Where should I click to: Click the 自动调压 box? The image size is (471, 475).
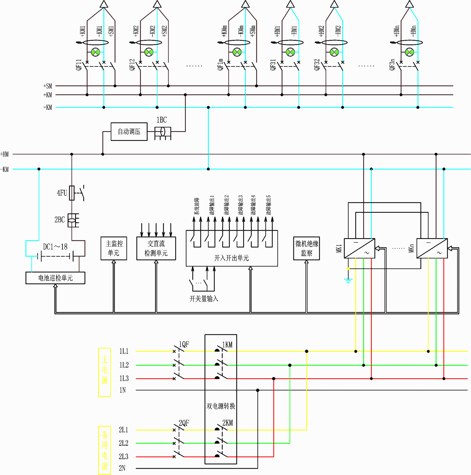coord(129,131)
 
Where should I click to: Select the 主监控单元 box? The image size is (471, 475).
coord(114,248)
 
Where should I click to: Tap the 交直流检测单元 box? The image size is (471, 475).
coord(156,248)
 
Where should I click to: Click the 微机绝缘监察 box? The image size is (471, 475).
coord(307,248)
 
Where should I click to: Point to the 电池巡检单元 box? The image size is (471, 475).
coord(55,278)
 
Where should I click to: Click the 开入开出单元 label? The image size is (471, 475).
coord(232,258)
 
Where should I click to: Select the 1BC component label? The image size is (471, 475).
coord(162,120)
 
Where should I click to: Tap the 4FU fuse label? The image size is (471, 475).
coord(62,193)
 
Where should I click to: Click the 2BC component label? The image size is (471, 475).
coord(59,220)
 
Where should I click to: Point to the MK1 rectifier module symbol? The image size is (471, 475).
coord(359,248)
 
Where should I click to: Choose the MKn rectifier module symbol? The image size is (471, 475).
coord(432,248)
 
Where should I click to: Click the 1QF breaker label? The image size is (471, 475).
coord(184,345)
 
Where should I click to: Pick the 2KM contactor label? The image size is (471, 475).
coord(228,423)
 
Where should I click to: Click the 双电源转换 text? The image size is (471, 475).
coord(221,406)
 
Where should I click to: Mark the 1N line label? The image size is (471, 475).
coord(123,390)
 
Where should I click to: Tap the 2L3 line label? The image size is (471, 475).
coord(123,457)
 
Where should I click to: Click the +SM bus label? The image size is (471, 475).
coord(48,86)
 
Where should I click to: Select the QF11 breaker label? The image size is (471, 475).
coord(79,65)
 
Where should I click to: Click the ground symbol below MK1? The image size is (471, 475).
coord(348,281)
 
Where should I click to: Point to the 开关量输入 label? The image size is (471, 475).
coord(204,299)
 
